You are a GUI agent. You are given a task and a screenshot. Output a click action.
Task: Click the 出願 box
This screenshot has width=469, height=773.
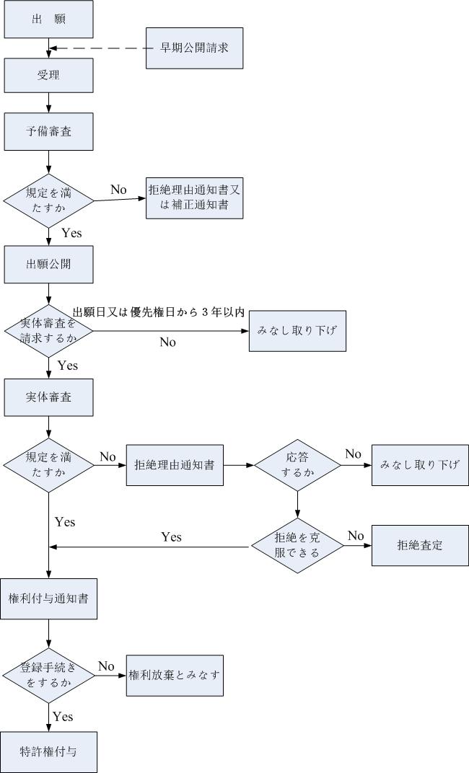[48, 19]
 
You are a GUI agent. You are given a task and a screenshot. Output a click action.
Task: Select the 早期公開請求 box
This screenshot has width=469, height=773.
[195, 48]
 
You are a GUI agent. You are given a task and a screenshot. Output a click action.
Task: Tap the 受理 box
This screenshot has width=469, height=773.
[48, 75]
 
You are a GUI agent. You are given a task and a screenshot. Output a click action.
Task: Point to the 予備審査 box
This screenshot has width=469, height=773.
[48, 131]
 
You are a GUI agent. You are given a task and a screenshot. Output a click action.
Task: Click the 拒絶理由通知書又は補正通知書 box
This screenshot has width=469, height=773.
[195, 198]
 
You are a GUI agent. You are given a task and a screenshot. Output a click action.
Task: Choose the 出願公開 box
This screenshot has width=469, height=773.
[48, 263]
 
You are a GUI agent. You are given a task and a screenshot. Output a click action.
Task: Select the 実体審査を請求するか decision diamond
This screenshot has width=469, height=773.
[48, 331]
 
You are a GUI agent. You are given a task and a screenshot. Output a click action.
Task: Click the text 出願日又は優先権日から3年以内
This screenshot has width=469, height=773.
[158, 312]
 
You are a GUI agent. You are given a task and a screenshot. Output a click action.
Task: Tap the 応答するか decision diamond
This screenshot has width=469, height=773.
[297, 465]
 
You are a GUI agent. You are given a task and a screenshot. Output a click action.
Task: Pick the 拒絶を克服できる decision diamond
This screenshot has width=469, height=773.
[297, 546]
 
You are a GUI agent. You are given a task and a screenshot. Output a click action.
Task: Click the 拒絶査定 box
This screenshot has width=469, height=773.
[419, 545]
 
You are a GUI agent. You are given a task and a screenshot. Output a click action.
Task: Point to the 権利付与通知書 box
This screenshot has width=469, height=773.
[48, 598]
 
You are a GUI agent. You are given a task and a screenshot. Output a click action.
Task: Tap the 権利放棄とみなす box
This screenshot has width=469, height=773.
[175, 675]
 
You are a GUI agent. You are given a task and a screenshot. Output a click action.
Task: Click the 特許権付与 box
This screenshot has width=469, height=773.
[48, 752]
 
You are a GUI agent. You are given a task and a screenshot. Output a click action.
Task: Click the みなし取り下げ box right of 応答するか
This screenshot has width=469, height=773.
[419, 464]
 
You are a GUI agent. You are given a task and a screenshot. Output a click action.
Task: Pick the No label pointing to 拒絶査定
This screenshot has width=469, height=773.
[356, 535]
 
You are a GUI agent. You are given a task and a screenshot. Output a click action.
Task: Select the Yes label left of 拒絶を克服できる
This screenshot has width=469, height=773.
[171, 537]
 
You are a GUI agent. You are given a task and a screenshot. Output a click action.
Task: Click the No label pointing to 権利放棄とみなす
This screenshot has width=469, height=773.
[107, 666]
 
